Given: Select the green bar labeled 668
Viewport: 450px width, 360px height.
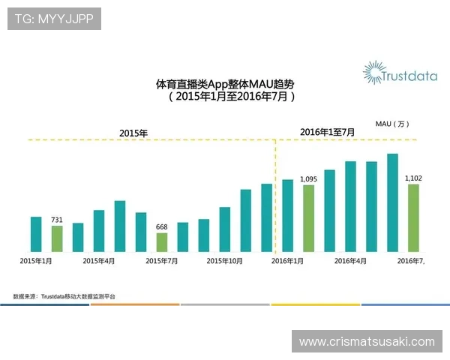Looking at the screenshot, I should pyautogui.click(x=162, y=242).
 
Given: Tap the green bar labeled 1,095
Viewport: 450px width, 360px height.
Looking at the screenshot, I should pyautogui.click(x=308, y=217).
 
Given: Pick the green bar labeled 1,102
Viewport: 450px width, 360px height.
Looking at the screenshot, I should pyautogui.click(x=413, y=217).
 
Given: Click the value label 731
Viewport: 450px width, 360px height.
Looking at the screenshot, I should pyautogui.click(x=57, y=220).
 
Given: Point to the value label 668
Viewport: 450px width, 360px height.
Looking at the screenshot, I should pyautogui.click(x=162, y=227).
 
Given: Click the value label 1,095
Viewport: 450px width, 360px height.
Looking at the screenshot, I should pyautogui.click(x=309, y=179).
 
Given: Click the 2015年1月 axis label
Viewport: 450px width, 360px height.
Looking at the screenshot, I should pyautogui.click(x=36, y=261).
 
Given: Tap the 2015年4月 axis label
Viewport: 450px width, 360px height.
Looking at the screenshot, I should pyautogui.click(x=99, y=261).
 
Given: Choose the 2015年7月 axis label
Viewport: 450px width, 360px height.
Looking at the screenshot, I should pyautogui.click(x=162, y=261).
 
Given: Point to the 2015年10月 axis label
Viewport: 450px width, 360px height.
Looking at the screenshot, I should pyautogui.click(x=224, y=261).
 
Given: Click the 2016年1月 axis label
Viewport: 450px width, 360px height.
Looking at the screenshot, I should pyautogui.click(x=288, y=261).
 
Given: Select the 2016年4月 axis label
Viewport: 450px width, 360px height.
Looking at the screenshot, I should pyautogui.click(x=350, y=261).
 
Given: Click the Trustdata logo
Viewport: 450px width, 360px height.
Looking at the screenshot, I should pyautogui.click(x=394, y=73).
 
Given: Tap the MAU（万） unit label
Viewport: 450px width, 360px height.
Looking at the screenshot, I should pyautogui.click(x=392, y=123).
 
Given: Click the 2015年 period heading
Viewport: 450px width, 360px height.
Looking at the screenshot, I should pyautogui.click(x=133, y=133).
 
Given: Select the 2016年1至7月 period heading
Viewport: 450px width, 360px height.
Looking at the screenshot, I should pyautogui.click(x=327, y=132).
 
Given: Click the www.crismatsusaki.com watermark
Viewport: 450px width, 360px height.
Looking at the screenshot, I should pyautogui.click(x=367, y=341).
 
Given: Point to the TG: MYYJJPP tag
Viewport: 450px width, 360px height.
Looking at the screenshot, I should pyautogui.click(x=54, y=18).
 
